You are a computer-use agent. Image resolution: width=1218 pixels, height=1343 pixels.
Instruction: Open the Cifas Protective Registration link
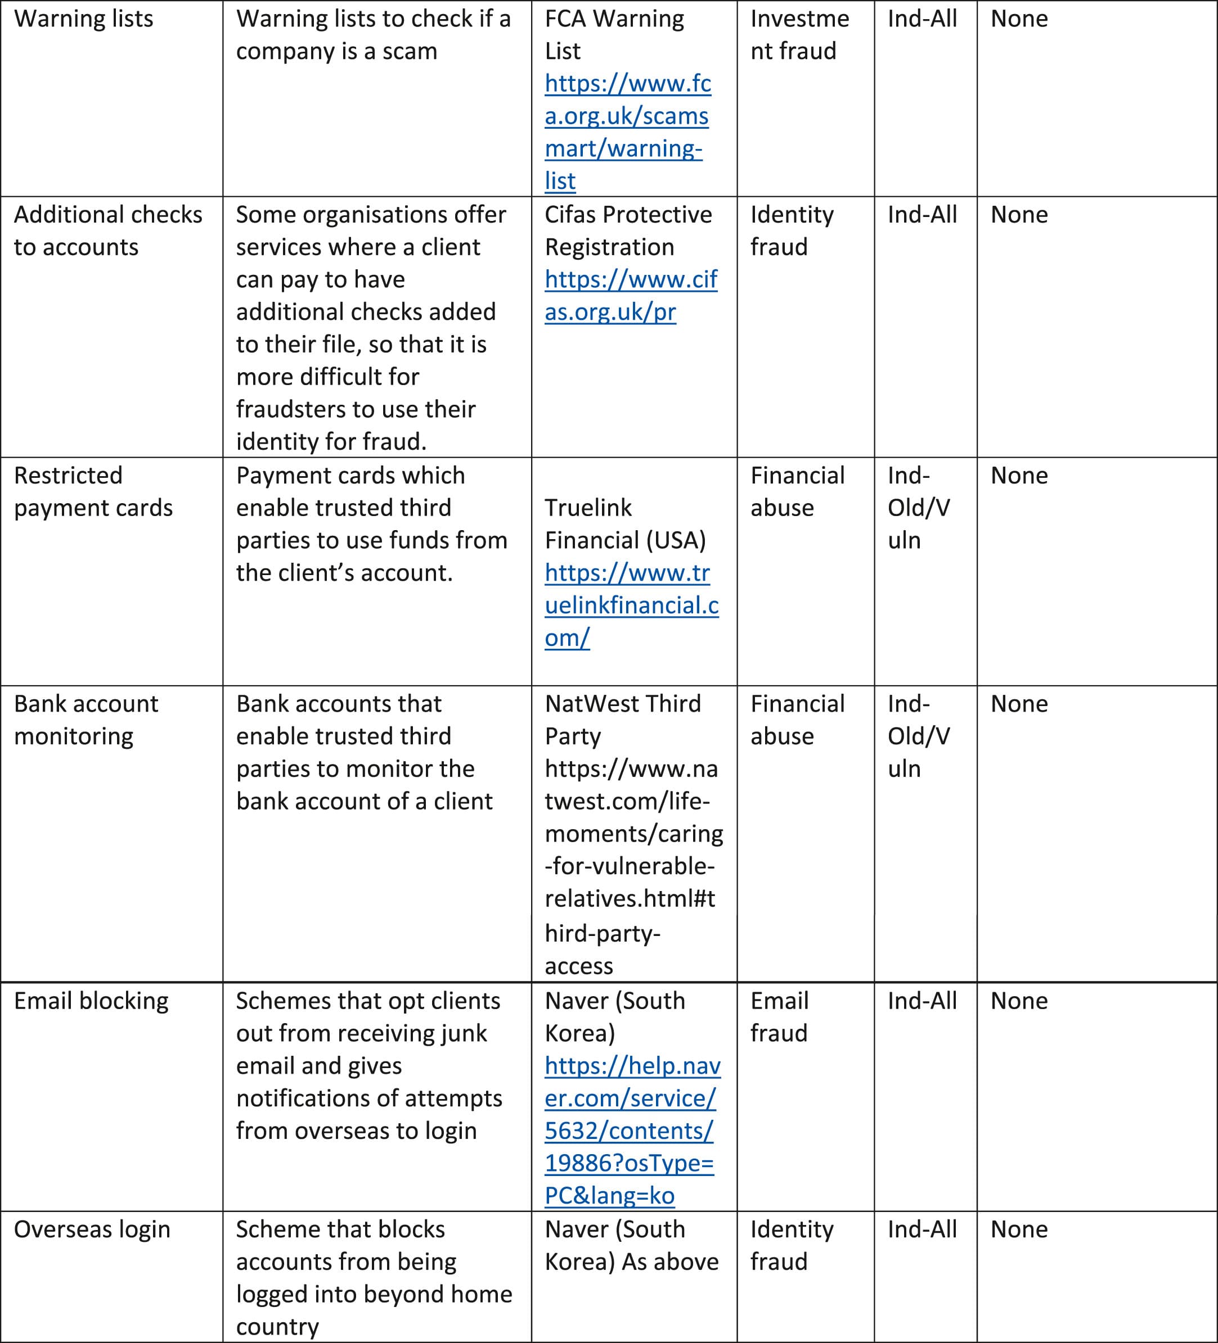[630, 296]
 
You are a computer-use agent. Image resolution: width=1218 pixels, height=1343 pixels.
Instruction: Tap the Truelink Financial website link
[631, 605]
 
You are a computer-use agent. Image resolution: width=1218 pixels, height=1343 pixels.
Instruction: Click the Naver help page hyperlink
[631, 1131]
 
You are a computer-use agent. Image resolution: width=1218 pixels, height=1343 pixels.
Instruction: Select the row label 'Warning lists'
[83, 19]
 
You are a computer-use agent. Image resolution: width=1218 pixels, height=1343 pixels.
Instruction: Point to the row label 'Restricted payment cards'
[93, 492]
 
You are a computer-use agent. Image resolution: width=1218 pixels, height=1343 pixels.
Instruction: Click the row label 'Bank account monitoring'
[86, 720]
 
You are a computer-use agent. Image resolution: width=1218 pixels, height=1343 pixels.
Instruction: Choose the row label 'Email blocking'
[91, 1001]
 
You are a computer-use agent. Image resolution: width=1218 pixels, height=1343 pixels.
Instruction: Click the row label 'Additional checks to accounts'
[107, 230]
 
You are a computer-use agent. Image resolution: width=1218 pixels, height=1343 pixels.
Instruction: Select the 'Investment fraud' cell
[799, 35]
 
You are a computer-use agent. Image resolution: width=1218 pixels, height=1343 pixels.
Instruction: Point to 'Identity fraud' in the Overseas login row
[792, 1246]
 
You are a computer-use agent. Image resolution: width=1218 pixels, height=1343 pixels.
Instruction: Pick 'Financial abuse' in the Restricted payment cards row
[797, 492]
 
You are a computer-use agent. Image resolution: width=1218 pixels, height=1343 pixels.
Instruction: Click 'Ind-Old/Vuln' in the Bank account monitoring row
[918, 736]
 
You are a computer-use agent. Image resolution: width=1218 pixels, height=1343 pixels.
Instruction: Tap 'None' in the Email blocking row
[1019, 1001]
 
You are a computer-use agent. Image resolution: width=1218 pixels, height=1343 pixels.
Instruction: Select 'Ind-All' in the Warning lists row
[922, 19]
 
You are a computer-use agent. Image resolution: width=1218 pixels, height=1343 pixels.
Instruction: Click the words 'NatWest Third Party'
[622, 720]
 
